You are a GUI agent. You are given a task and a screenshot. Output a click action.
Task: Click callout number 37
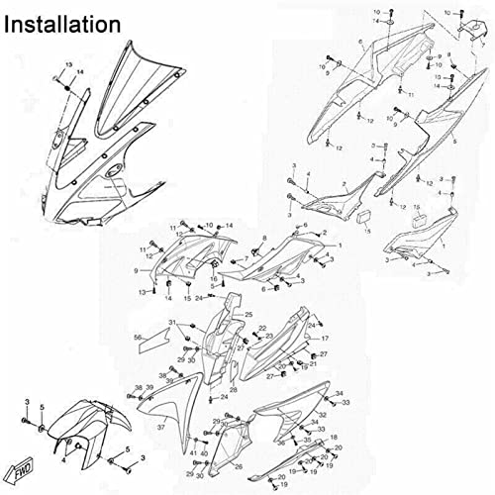pyautogui.click(x=159, y=427)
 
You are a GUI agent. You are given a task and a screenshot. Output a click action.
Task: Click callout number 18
pyautogui.click(x=333, y=437)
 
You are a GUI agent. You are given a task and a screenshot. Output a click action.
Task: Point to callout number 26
pyautogui.click(x=238, y=465)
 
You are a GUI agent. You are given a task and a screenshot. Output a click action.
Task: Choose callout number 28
pyautogui.click(x=233, y=390)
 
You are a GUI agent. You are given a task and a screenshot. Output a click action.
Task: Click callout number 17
pyautogui.click(x=324, y=339)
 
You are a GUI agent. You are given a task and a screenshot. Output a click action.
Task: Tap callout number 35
pyautogui.click(x=307, y=439)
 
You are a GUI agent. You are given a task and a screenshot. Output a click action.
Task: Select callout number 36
pyautogui.click(x=281, y=444)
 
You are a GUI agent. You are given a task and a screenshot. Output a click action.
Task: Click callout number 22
pyautogui.click(x=262, y=328)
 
